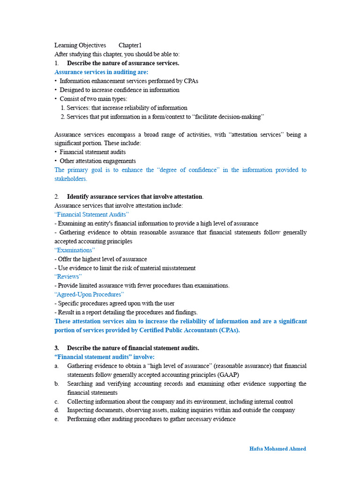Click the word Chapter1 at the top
click(130, 45)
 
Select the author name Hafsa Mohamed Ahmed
click(277, 449)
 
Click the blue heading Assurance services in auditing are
click(101, 72)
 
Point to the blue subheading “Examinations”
click(75, 250)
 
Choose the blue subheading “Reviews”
click(68, 277)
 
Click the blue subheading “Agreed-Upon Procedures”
click(89, 294)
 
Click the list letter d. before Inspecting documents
click(56, 410)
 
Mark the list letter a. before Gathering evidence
click(56, 366)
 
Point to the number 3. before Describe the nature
click(57, 348)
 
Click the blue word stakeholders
click(71, 179)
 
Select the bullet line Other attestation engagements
click(97, 161)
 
